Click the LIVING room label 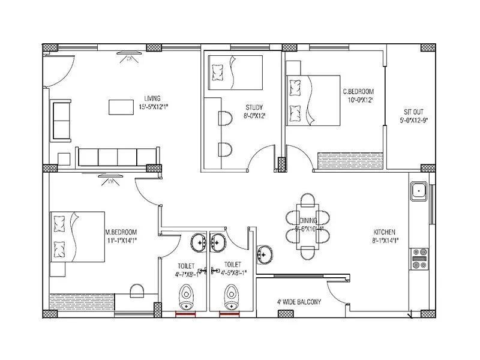click(x=152, y=98)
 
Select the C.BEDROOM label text click(x=358, y=91)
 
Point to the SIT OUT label click(x=413, y=112)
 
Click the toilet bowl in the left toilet click(x=186, y=296)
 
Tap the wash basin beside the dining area click(x=265, y=254)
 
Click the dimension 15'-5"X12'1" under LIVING click(x=153, y=107)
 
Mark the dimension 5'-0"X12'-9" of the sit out click(x=413, y=120)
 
